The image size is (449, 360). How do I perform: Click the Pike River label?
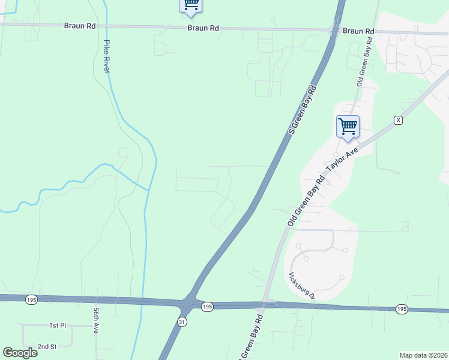coord(107,56)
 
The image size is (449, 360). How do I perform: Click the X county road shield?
coord(397,120)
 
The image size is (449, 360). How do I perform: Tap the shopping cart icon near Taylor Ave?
coord(348,127)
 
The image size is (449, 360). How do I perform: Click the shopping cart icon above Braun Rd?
coord(191,5)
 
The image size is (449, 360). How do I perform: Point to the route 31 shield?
coord(182,322)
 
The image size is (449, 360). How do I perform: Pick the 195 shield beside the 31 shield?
coord(207,307)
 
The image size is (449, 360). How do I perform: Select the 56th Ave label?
coord(95,321)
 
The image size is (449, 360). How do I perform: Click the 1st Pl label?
coord(57,325)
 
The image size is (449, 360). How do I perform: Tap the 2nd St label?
coord(46,347)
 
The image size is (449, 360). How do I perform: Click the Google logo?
coord(20,353)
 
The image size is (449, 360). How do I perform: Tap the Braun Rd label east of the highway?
coord(358,31)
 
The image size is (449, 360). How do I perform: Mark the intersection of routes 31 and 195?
coord(188,302)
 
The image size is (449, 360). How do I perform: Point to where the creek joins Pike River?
coord(147,190)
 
